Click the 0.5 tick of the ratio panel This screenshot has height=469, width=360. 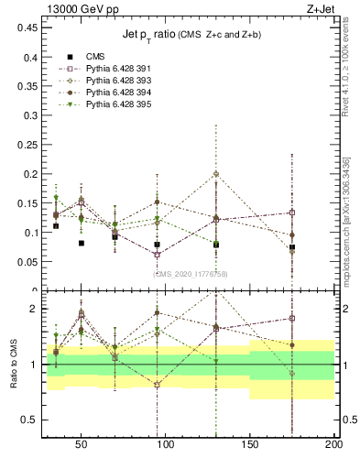click(27, 420)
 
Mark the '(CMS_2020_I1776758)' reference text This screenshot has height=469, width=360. click(191, 274)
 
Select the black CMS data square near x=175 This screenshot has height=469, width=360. click(292, 247)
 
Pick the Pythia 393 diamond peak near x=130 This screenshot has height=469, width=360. click(216, 174)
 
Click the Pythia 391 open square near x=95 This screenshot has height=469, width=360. click(158, 254)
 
